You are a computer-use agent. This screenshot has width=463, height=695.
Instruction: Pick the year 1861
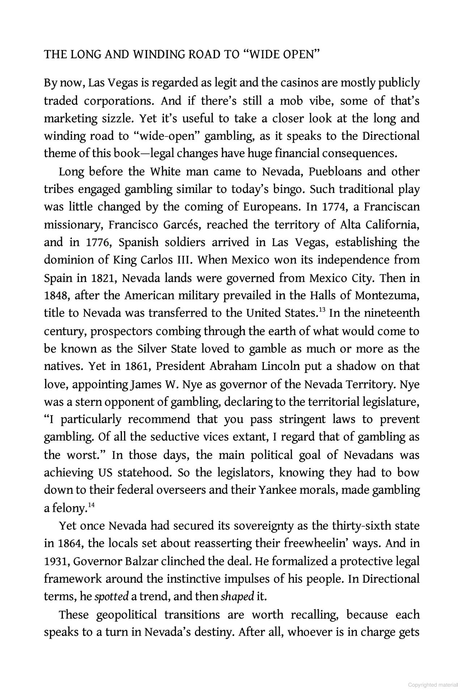pos(137,366)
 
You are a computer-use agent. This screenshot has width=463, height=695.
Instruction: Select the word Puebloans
pos(339,171)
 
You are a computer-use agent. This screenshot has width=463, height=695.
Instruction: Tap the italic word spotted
pos(111,597)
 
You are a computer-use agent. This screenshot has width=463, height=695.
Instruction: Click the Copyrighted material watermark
pos(433,685)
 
